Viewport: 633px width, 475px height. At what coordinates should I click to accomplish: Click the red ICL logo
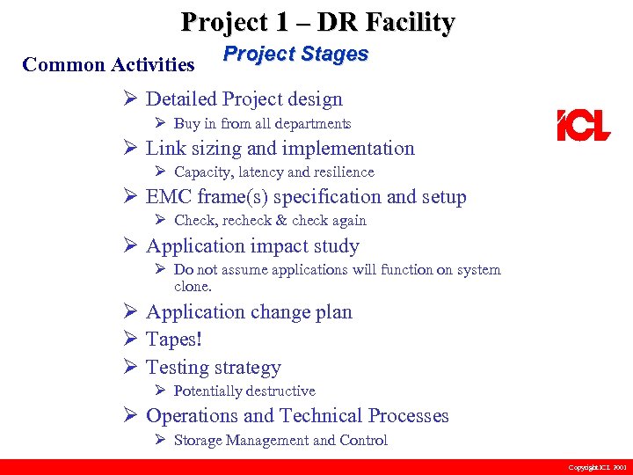583,125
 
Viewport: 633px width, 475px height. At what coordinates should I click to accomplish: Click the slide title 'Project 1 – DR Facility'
317,21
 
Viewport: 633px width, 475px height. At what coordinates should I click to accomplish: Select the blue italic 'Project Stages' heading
295,54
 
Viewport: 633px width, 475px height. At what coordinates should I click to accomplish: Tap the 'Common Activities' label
108,64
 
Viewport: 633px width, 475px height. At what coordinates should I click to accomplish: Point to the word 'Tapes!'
173,340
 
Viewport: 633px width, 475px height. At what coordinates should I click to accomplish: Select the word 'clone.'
193,286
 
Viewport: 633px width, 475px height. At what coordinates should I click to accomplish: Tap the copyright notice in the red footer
597,467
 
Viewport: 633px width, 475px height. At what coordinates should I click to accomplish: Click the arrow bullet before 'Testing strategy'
130,367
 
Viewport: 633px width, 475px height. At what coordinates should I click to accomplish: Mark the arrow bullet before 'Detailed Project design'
130,99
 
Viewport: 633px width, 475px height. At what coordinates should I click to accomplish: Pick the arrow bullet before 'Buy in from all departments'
160,123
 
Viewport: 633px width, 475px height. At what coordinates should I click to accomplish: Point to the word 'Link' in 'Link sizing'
164,148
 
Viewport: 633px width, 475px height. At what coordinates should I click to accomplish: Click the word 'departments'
312,123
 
